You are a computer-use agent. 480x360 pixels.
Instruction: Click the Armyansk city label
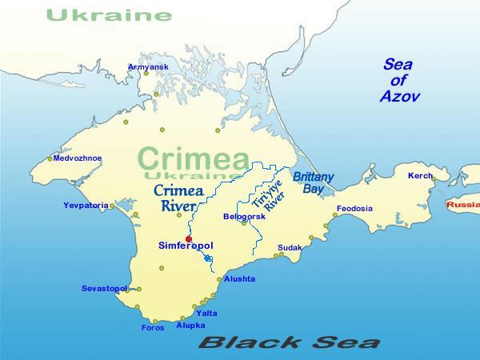148,66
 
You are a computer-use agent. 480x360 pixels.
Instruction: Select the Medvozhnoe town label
77,158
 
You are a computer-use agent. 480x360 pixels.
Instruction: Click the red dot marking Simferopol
189,239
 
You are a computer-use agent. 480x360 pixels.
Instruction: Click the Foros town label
152,327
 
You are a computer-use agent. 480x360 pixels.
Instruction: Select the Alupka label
190,325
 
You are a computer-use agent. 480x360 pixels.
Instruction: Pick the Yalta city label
206,313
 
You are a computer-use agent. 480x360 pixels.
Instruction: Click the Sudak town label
290,248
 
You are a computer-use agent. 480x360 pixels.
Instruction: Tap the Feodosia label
354,209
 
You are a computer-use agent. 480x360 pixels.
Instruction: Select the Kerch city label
420,175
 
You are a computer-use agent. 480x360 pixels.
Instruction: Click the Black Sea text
289,343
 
